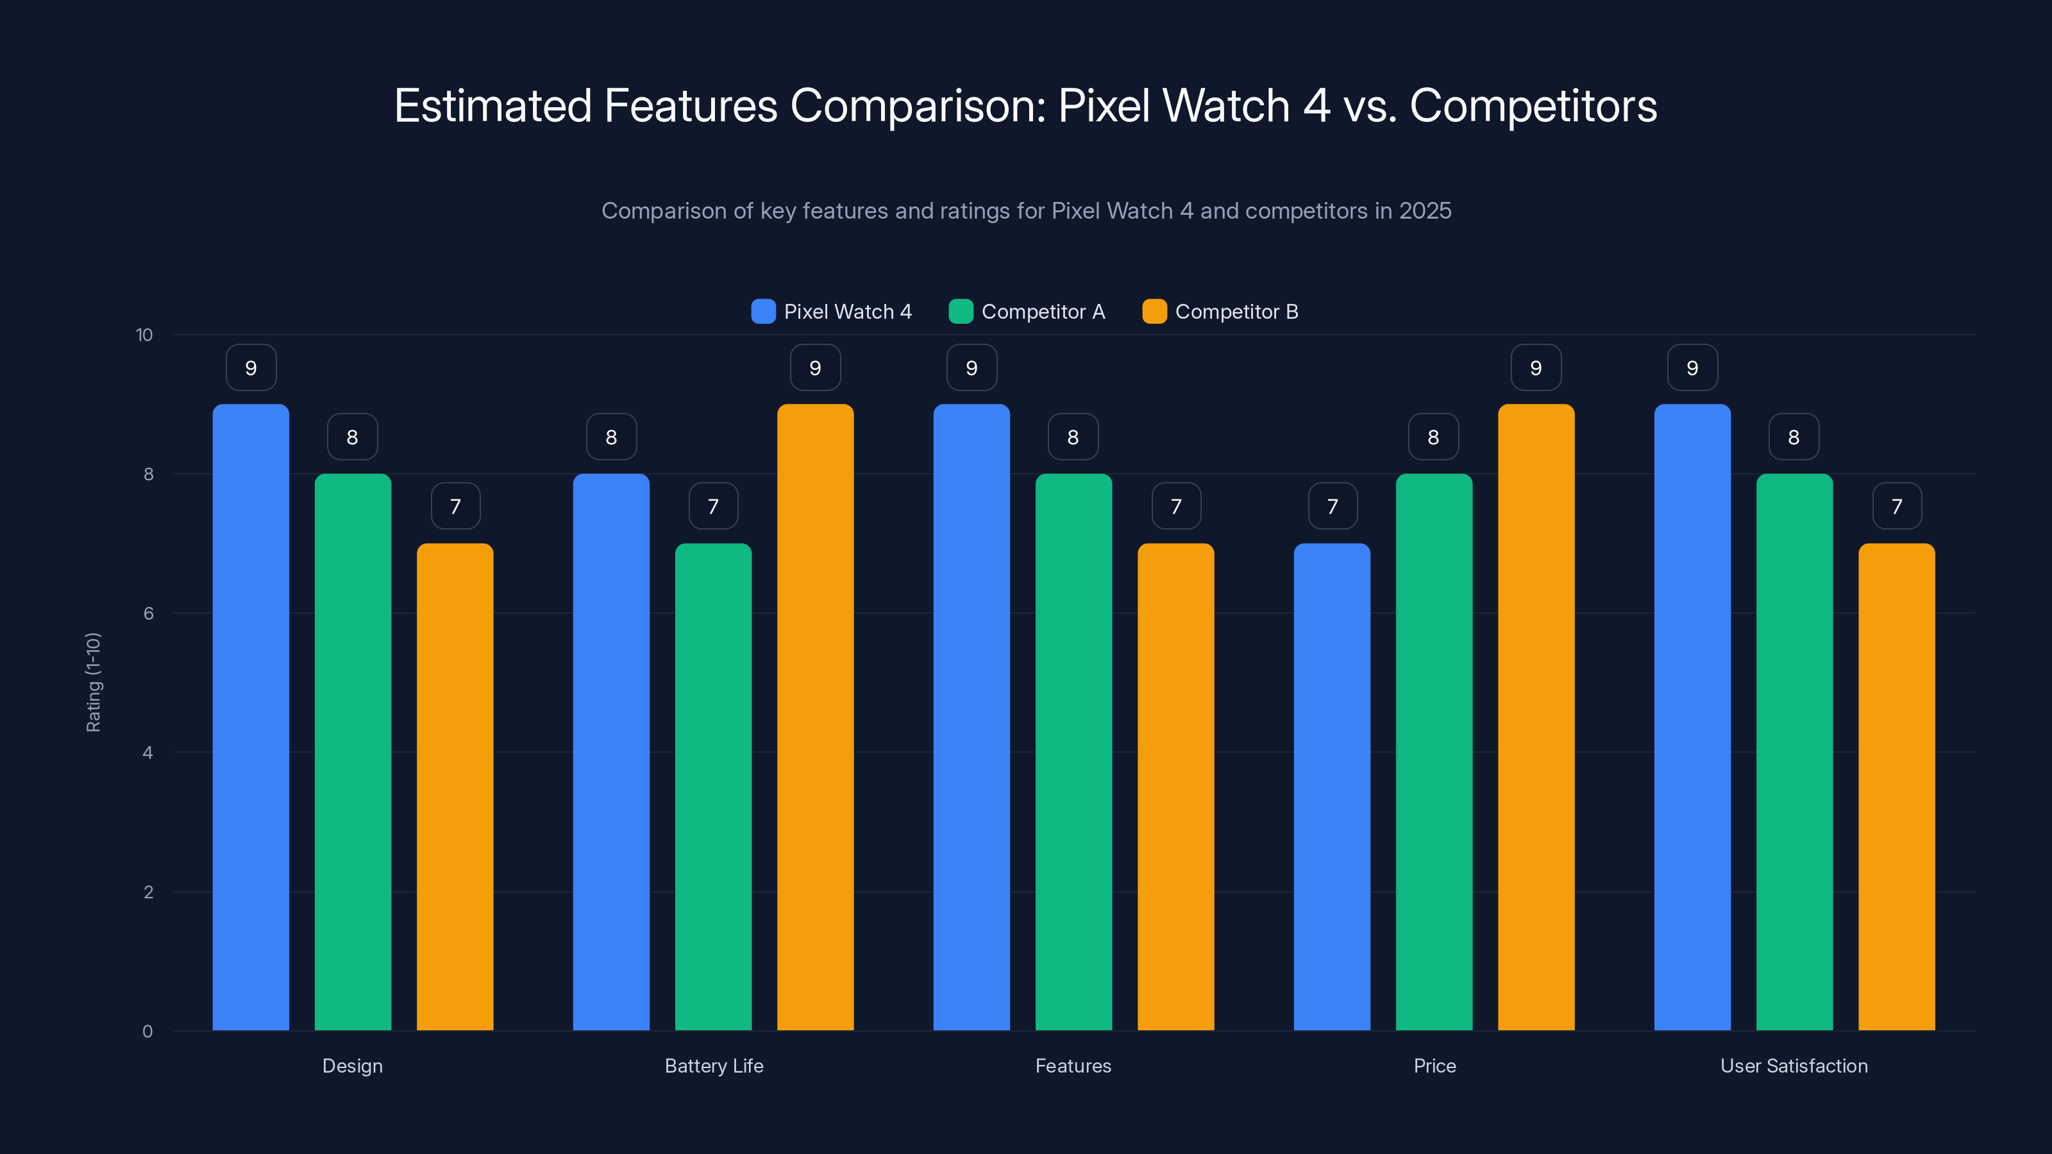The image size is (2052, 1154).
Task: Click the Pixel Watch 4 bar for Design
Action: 251,717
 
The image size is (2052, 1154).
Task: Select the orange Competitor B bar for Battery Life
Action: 815,717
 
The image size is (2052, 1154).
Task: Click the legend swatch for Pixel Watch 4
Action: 763,312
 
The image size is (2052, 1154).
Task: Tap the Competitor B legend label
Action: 1236,312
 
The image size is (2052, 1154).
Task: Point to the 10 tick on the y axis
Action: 144,335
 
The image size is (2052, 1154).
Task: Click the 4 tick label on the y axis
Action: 147,753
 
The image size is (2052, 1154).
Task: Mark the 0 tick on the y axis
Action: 147,1032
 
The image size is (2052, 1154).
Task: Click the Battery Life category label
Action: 714,1066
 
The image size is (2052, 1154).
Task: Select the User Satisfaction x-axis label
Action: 1794,1066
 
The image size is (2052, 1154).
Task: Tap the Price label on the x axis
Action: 1434,1066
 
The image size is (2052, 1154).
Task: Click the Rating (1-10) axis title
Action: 93,683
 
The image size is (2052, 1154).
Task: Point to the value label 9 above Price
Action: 1536,368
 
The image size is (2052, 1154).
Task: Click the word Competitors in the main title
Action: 1533,106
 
